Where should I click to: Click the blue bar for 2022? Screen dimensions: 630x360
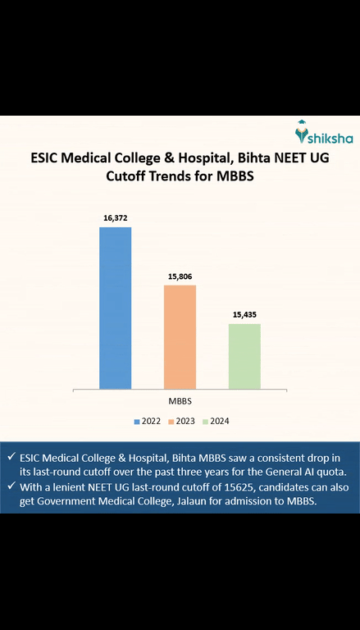coord(115,308)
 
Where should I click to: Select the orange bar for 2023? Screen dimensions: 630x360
coord(180,336)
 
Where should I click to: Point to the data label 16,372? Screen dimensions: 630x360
coord(115,217)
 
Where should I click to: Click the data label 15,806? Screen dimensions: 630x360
coord(180,276)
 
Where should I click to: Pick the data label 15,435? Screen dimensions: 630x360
coord(244,314)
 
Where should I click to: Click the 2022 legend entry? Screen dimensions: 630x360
coord(148,421)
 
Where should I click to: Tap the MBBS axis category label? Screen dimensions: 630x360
coord(180,401)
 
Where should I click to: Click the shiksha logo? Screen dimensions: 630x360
coord(322,132)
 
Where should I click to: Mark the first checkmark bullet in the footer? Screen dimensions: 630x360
coord(9,456)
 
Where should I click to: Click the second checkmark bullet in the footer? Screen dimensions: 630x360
coord(9,486)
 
